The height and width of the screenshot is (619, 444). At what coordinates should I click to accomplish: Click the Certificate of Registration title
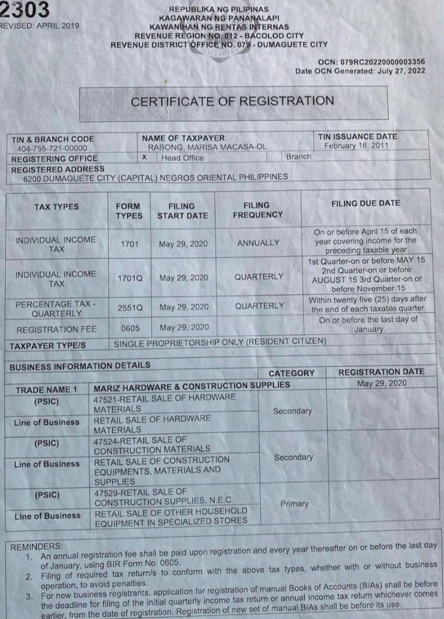tap(232, 101)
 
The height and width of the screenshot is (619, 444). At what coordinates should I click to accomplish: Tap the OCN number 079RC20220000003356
tap(371, 61)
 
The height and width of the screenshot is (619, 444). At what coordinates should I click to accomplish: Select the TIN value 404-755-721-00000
tap(52, 148)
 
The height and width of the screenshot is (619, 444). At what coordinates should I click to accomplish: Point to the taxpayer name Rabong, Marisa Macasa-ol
tap(207, 147)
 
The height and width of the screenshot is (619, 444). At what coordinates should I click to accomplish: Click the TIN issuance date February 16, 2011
tap(356, 146)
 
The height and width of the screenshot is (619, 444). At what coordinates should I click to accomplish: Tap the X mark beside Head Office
tap(144, 157)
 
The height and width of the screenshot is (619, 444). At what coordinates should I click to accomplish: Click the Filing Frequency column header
tap(258, 210)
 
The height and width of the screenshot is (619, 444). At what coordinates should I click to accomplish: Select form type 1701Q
tap(130, 278)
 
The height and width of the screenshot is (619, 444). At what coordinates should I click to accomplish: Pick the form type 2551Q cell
tap(130, 308)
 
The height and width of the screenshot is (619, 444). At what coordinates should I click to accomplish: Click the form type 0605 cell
tap(130, 328)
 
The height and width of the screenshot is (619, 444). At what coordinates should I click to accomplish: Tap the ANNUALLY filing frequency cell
tap(258, 243)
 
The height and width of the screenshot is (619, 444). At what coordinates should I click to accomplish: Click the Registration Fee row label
tap(56, 329)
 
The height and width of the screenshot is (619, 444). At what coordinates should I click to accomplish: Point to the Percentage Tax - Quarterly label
tap(56, 309)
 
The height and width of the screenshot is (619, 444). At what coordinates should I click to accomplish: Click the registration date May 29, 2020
tap(381, 383)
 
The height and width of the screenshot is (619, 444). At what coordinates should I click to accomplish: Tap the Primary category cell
tap(294, 503)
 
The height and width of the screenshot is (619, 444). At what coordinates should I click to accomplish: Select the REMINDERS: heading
tap(36, 547)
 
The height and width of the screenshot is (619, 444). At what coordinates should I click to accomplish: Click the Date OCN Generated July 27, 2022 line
tap(360, 71)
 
